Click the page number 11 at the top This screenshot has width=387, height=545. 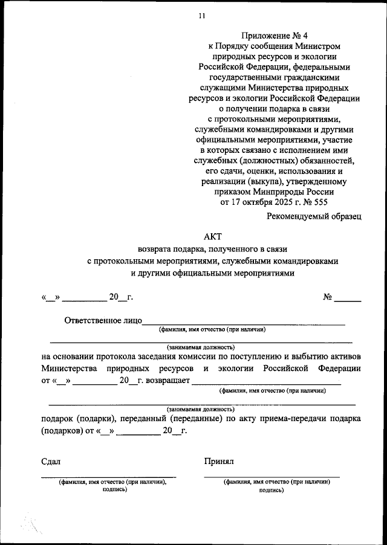tap(201, 16)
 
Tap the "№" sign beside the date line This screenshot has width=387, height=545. tap(328, 297)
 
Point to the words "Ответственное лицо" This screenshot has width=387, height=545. tap(103, 320)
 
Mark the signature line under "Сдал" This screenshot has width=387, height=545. tap(109, 477)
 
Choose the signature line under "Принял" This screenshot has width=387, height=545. tap(272, 477)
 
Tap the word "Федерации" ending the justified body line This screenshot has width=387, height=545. tap(339, 368)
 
